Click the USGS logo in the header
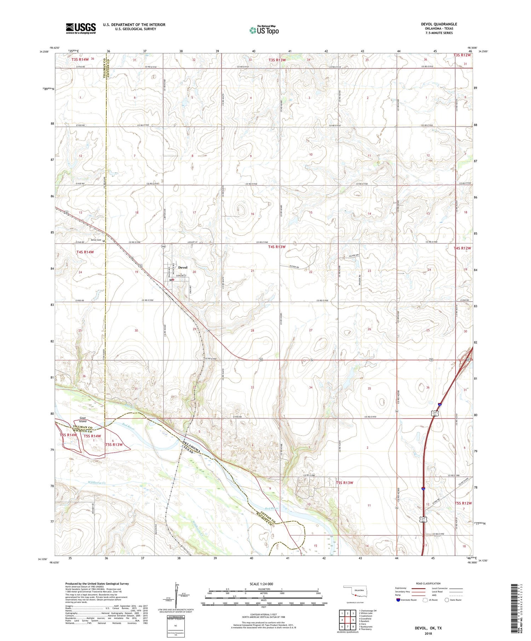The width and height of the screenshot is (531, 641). [x=81, y=28]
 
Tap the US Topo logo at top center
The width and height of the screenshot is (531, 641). [x=264, y=30]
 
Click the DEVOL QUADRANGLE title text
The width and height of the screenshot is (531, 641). [x=439, y=24]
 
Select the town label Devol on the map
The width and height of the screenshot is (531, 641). [x=183, y=267]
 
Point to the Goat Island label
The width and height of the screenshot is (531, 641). [x=83, y=419]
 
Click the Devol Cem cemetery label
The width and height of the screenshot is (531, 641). [x=96, y=240]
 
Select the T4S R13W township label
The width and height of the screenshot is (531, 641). [x=276, y=247]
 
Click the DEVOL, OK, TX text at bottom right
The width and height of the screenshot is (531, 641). [x=428, y=628]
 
